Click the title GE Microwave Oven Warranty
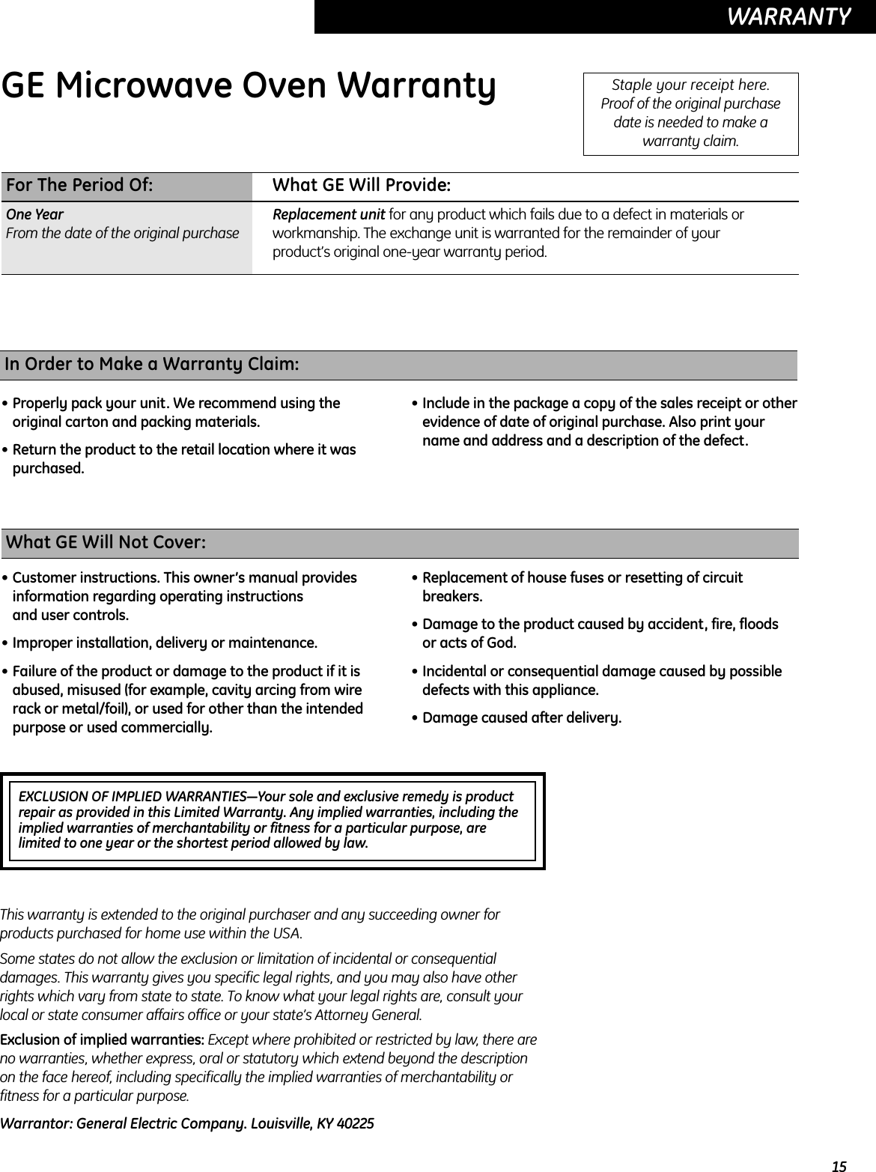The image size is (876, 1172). [249, 88]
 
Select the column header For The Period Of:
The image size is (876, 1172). [79, 185]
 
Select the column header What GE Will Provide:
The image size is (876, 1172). [361, 185]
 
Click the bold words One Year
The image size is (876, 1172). [35, 215]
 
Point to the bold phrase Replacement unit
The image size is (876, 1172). [329, 215]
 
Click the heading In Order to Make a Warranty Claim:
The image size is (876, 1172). [152, 365]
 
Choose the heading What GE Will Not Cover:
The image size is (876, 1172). [106, 542]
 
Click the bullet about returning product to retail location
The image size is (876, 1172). [183, 459]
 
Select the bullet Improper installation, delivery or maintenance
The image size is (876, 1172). [164, 643]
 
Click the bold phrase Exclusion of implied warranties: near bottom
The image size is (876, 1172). [103, 1041]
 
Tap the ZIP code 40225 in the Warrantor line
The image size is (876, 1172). [356, 1124]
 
